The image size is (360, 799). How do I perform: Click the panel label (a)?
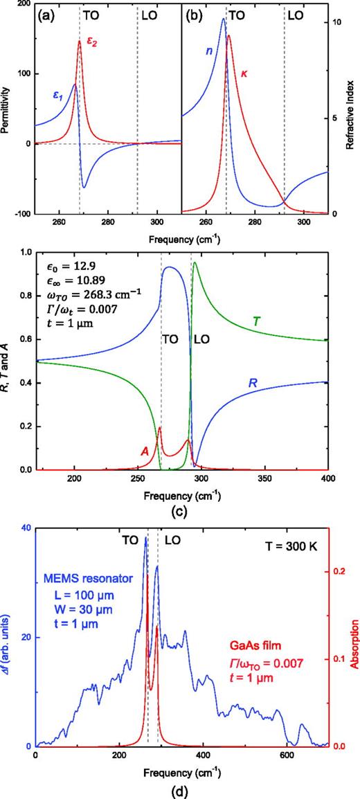[48, 14]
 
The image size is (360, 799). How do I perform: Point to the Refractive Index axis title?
[351, 109]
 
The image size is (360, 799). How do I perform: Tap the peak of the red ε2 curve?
[79, 41]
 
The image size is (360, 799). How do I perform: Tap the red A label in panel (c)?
[145, 451]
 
